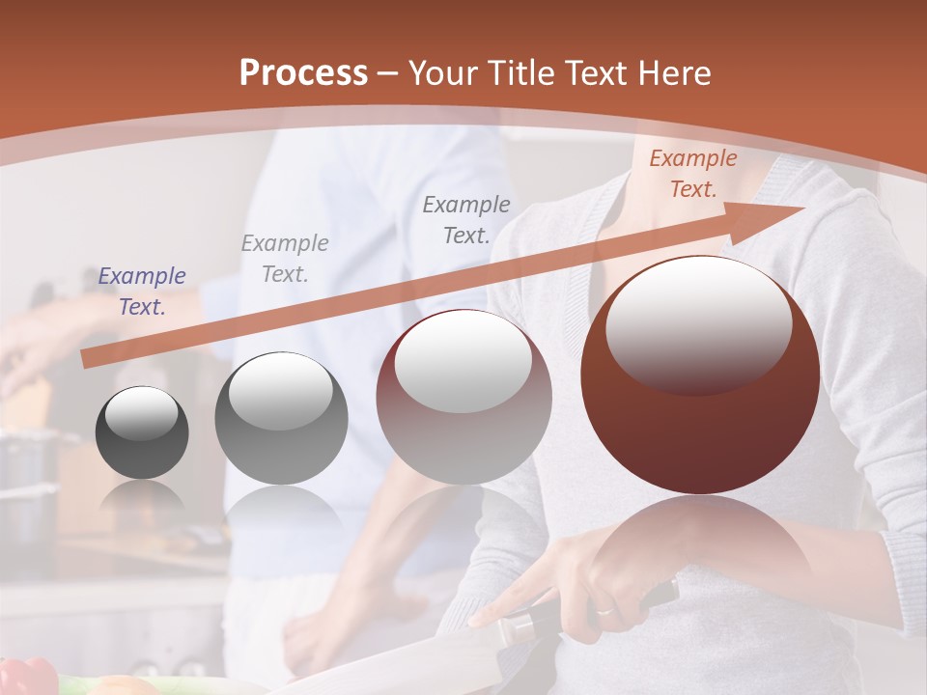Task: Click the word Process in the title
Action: (303, 73)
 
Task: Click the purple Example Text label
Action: (142, 292)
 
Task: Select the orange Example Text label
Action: (692, 174)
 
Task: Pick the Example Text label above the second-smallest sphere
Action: (285, 258)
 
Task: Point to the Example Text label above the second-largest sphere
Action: (466, 219)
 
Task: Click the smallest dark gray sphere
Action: (142, 432)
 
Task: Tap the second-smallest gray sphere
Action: (281, 419)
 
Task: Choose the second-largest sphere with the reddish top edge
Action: (464, 397)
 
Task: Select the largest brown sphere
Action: (700, 375)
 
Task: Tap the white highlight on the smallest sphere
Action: (141, 413)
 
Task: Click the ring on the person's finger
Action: (604, 610)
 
